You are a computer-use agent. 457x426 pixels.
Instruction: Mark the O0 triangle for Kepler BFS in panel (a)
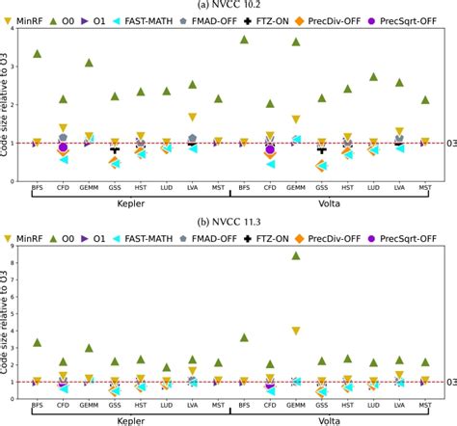click(37, 54)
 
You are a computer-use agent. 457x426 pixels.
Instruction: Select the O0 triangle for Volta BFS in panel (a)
click(244, 40)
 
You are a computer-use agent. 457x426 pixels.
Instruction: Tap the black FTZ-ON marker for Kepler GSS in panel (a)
click(115, 149)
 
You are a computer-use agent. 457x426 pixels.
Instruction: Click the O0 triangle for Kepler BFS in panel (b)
click(37, 342)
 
